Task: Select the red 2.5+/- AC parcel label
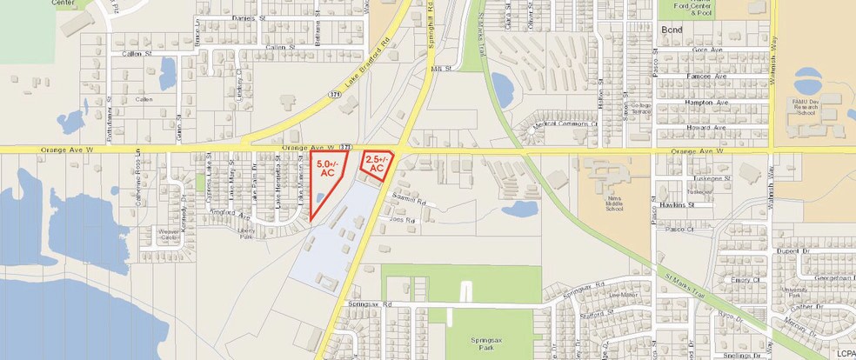(x=376, y=165)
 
